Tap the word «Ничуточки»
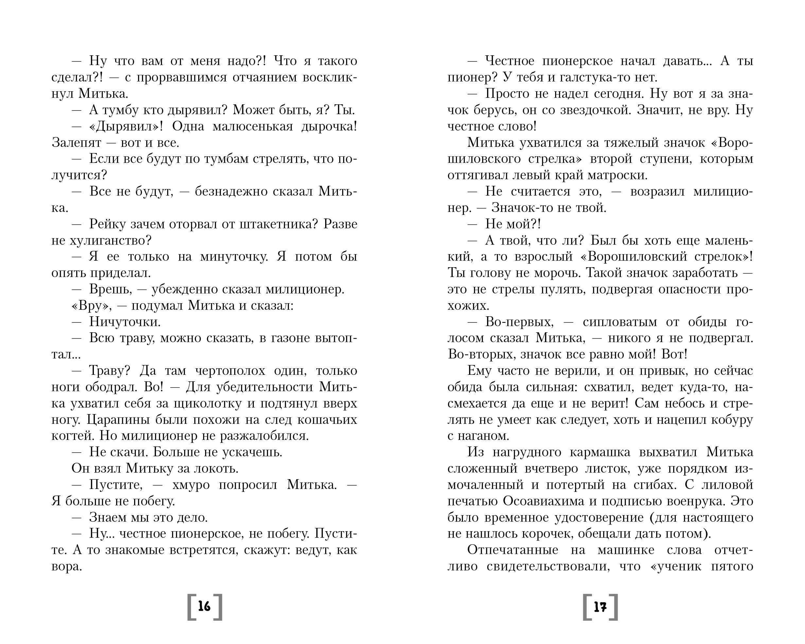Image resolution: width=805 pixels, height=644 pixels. tap(125, 322)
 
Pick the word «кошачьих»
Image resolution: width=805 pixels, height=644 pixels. tap(327, 420)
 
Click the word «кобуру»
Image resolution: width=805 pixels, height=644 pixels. tap(731, 420)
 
